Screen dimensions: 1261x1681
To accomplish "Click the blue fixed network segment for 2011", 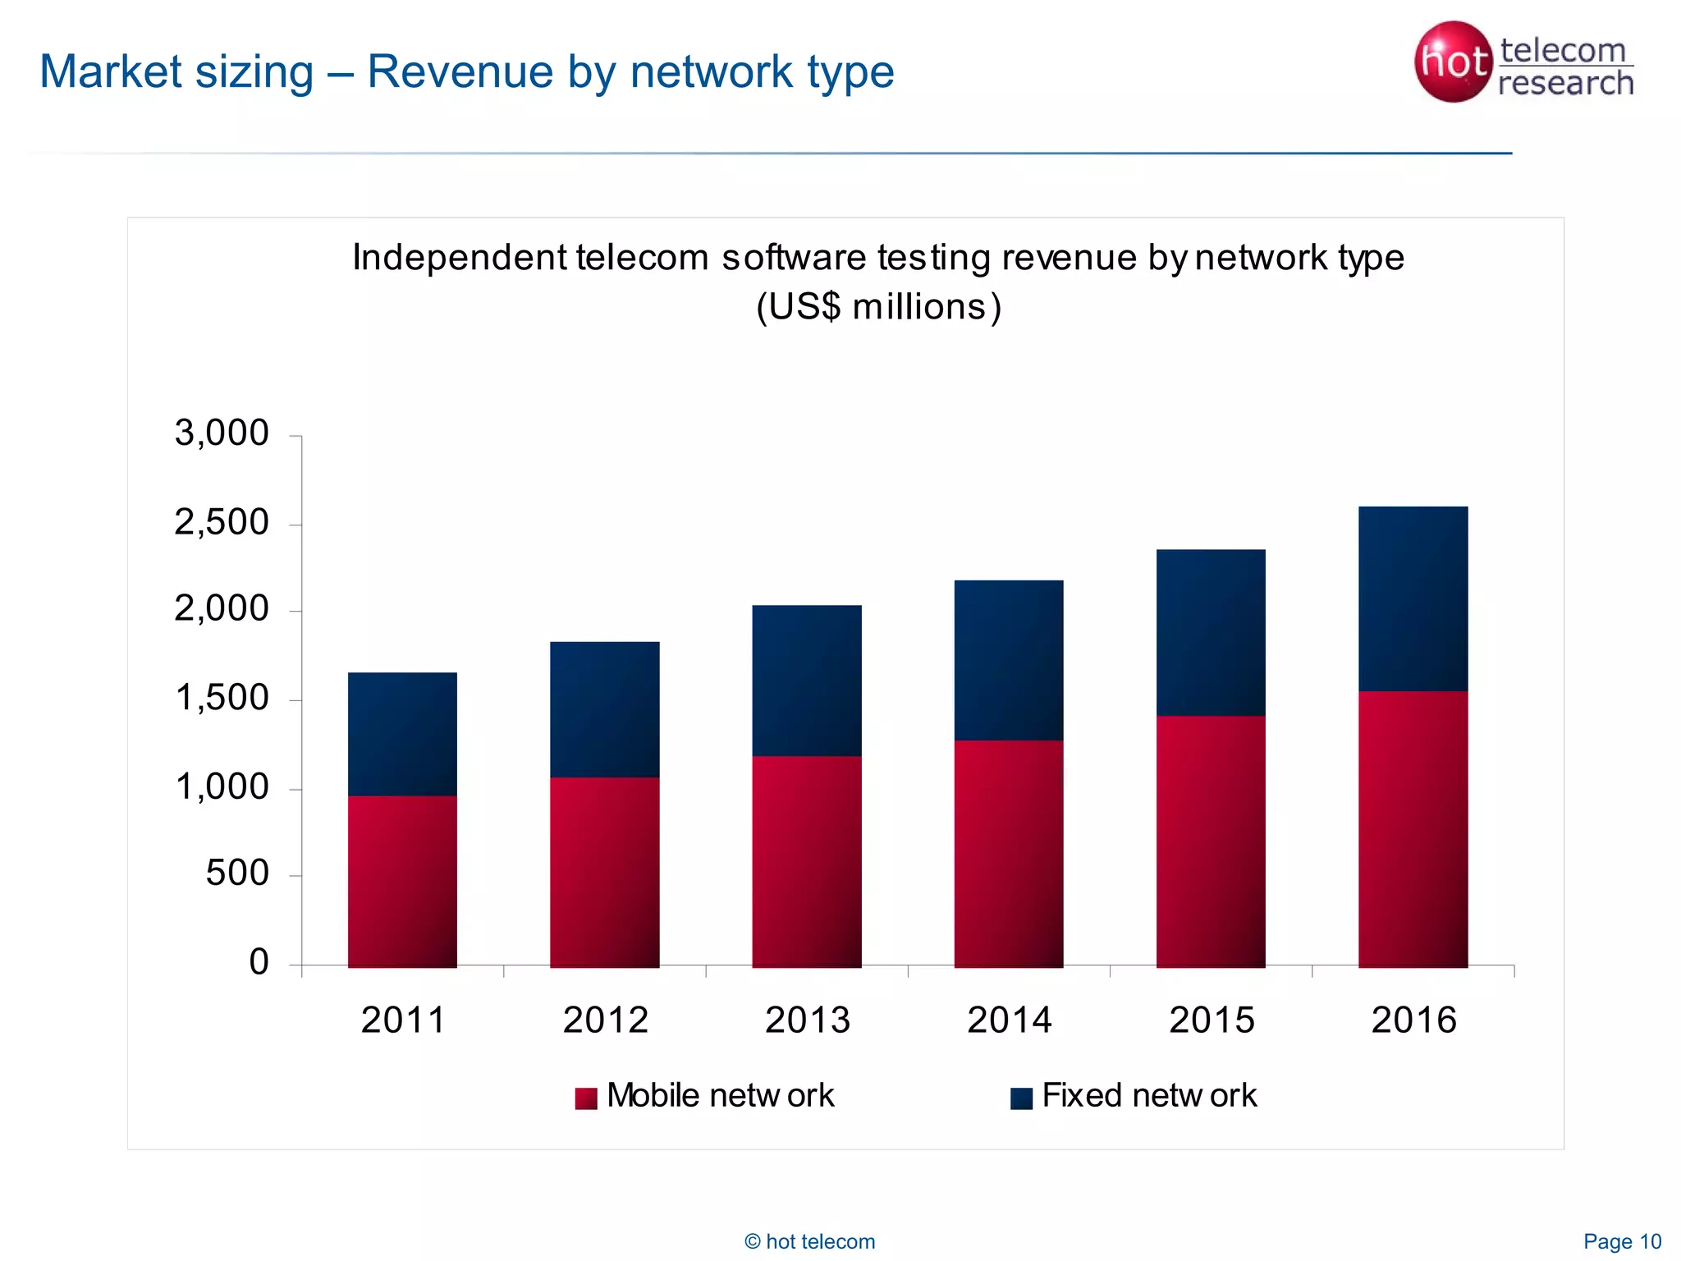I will click(402, 734).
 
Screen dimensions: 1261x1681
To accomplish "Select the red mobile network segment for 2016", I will click(1413, 829).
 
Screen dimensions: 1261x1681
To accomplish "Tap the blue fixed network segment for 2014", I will click(1009, 660).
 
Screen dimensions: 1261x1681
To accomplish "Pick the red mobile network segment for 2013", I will click(807, 861).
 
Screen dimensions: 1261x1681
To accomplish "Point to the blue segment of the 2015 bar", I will click(1211, 632).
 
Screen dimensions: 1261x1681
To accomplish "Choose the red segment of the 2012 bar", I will click(605, 872).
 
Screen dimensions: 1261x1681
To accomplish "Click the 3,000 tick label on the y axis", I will click(222, 433).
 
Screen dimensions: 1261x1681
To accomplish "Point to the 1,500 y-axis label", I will click(222, 698).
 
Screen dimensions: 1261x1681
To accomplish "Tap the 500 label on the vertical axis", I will click(236, 873).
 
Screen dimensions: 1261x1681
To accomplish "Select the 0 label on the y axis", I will click(259, 961).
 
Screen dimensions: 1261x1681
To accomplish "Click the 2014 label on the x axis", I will click(1009, 1020).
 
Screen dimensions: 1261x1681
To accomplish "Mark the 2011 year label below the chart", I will click(402, 1020).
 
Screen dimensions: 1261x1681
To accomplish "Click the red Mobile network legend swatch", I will click(586, 1098).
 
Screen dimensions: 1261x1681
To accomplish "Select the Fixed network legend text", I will click(1149, 1096).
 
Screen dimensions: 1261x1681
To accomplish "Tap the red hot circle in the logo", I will click(1452, 62).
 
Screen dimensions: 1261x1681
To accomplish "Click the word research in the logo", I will click(1565, 83).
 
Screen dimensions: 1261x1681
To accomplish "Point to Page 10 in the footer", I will click(1622, 1241).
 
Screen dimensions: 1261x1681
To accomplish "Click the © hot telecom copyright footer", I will click(809, 1241).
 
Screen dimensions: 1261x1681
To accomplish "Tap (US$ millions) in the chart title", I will click(878, 307).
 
